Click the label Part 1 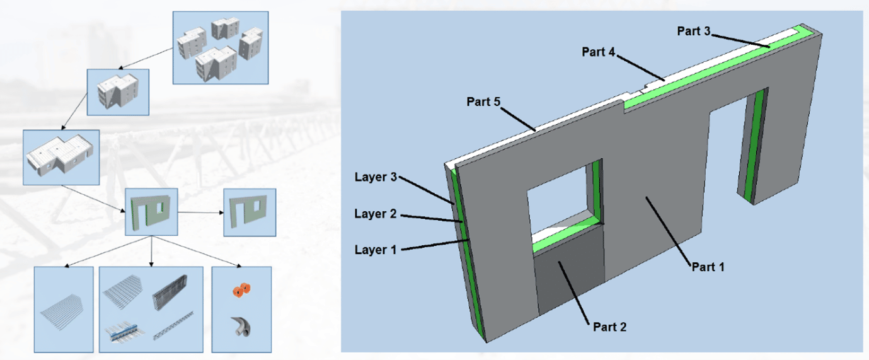(708, 267)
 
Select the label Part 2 (609, 327)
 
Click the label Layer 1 (375, 250)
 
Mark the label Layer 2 (375, 214)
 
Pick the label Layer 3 (375, 177)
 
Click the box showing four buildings (220, 47)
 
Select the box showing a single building (118, 92)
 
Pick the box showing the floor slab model (60, 157)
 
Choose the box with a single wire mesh (64, 309)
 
